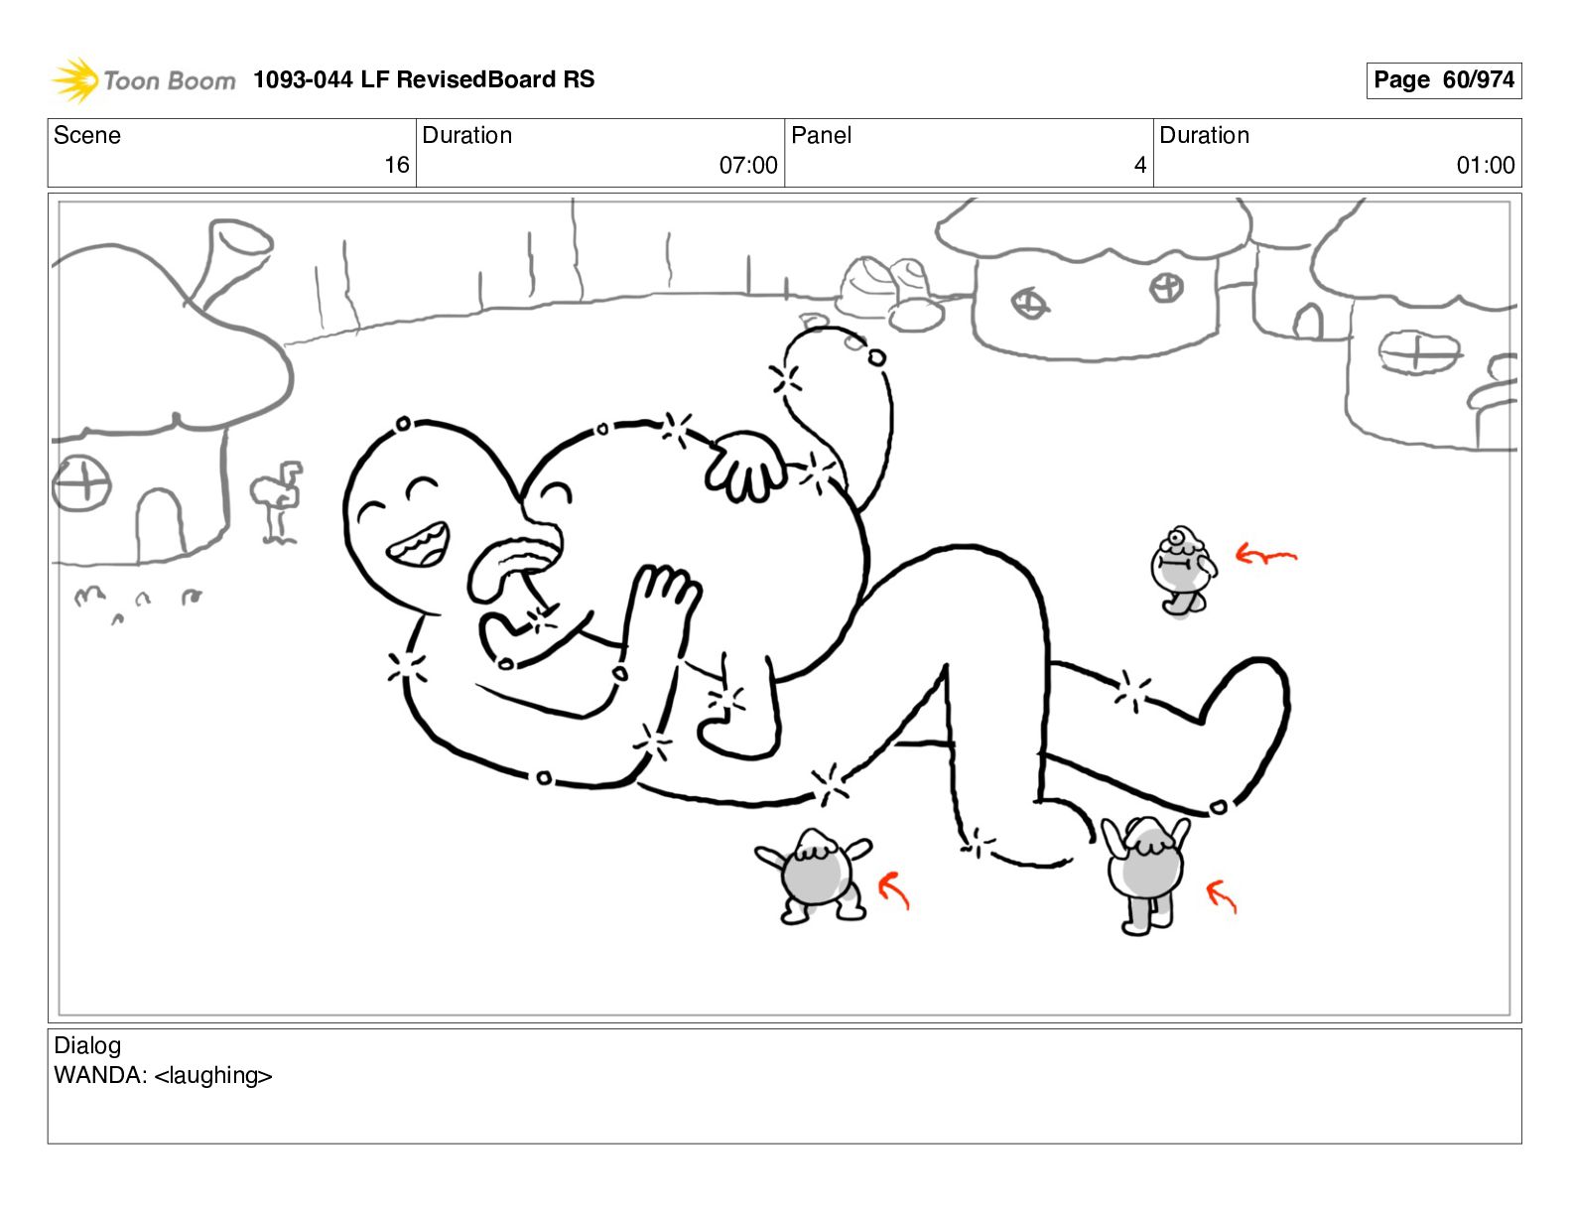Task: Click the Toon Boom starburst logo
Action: tap(75, 79)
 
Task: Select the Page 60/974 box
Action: tap(1443, 80)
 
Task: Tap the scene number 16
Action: tap(396, 166)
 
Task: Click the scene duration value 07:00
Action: tap(748, 166)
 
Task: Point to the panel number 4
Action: tap(1140, 166)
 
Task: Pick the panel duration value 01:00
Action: tap(1486, 166)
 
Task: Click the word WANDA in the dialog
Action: tap(100, 1075)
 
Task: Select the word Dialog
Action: tap(87, 1045)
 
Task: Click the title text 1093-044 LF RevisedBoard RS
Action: tap(424, 79)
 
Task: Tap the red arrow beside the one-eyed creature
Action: tap(1266, 555)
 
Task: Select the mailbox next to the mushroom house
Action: tap(278, 499)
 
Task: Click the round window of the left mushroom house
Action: tap(81, 483)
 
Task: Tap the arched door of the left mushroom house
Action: tap(160, 525)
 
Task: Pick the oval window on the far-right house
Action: tap(1417, 352)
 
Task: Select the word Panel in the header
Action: tap(821, 135)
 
